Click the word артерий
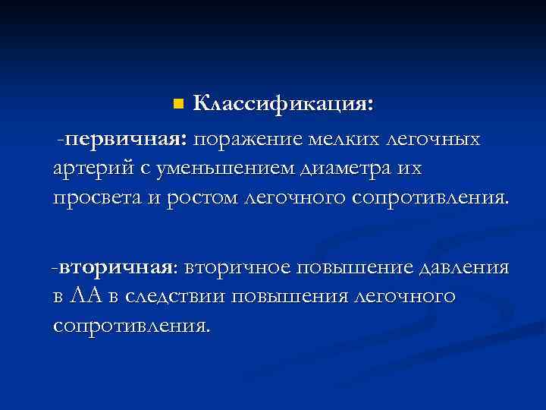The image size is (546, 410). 91,168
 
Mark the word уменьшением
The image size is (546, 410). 216,168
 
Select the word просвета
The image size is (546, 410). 97,197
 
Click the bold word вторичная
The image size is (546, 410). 118,267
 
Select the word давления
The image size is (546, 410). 463,267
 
